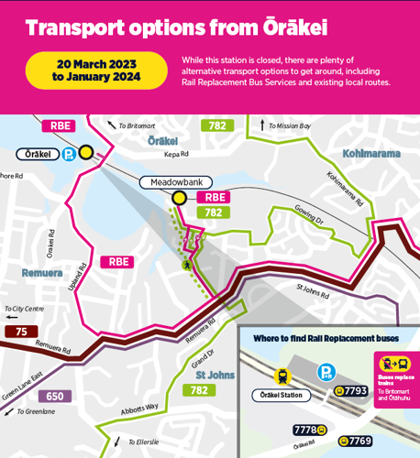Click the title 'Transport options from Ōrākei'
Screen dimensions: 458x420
coord(176,27)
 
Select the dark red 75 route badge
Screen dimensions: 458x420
coord(21,332)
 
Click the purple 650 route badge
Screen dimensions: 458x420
coord(55,397)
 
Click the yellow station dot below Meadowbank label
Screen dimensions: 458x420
coord(180,197)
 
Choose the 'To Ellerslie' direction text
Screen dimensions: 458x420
coord(141,442)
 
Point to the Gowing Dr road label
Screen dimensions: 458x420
coord(308,220)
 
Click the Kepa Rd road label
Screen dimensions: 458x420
coord(176,155)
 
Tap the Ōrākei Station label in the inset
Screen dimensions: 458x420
coord(282,396)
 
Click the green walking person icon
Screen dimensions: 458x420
coord(188,266)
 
